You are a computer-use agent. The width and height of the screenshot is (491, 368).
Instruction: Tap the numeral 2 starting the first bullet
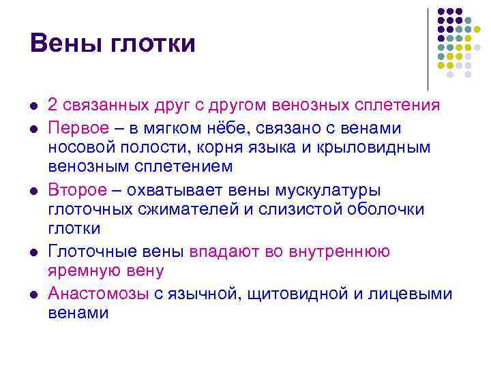click(x=53, y=106)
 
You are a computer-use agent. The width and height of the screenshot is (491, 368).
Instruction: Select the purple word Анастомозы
click(x=99, y=294)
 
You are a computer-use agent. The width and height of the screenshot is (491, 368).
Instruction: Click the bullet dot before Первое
click(x=33, y=129)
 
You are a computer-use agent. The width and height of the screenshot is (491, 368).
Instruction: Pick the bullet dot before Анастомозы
click(x=33, y=294)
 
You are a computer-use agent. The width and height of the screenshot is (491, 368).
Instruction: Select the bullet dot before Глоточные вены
click(x=33, y=252)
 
